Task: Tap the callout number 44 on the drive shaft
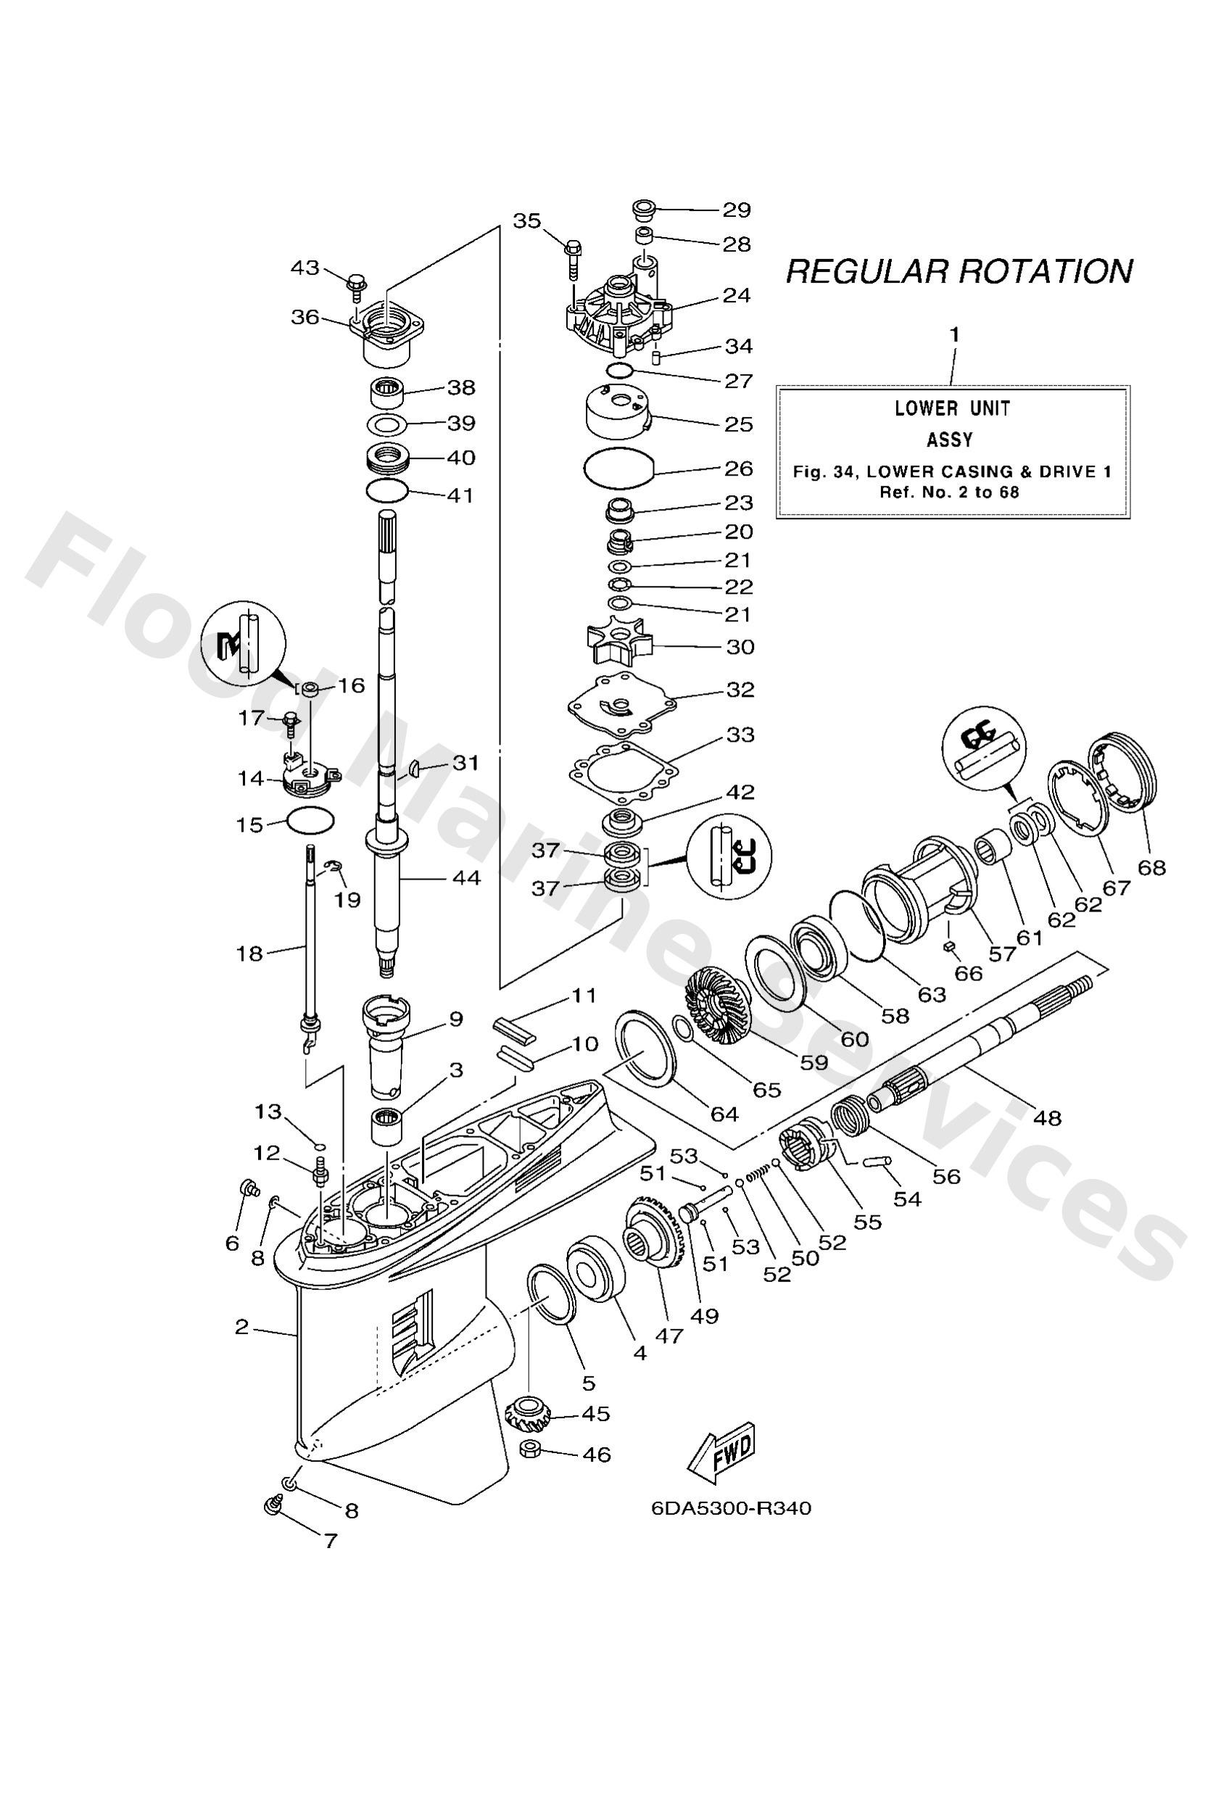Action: point(466,878)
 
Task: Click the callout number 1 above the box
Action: point(954,334)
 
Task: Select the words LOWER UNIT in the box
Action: point(952,408)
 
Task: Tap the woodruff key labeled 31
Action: point(415,767)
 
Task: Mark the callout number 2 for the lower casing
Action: point(241,1327)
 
